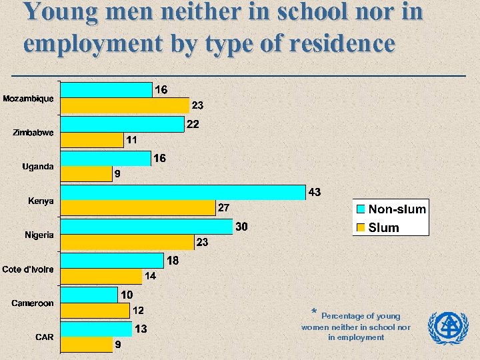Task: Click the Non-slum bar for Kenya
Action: [x=183, y=192]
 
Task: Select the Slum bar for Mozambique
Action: [x=125, y=105]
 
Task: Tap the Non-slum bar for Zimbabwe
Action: [x=122, y=124]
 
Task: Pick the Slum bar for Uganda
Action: [x=87, y=173]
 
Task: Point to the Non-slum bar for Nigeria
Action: [x=147, y=226]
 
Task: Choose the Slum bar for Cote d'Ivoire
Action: [x=101, y=276]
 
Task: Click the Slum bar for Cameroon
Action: [x=95, y=311]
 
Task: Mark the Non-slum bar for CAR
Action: [x=96, y=329]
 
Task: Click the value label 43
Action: [x=315, y=192]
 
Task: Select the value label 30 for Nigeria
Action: [x=242, y=227]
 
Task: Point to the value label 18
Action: [x=173, y=261]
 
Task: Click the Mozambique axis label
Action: [x=28, y=99]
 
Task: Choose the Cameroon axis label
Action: [x=33, y=303]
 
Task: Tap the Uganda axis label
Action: [x=38, y=167]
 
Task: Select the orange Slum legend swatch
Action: [x=361, y=227]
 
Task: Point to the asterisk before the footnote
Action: [x=314, y=312]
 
